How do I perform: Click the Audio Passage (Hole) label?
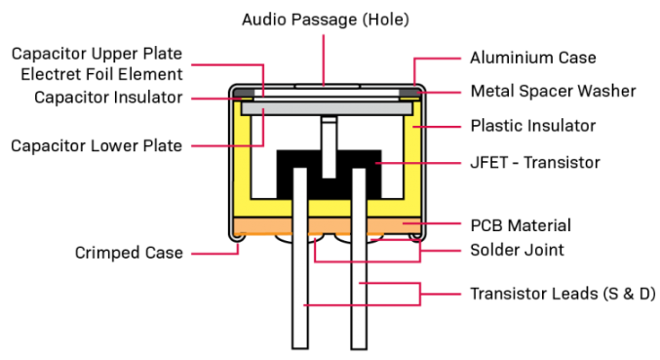pyautogui.click(x=326, y=20)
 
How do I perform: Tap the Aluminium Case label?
pyautogui.click(x=533, y=58)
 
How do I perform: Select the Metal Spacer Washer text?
pyautogui.click(x=553, y=91)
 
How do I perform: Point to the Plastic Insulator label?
pyautogui.click(x=533, y=126)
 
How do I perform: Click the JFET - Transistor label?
pyautogui.click(x=535, y=162)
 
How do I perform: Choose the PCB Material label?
pyautogui.click(x=521, y=225)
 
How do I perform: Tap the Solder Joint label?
pyautogui.click(x=517, y=250)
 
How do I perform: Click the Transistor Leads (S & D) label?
pyautogui.click(x=563, y=294)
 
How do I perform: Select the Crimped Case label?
pyautogui.click(x=129, y=253)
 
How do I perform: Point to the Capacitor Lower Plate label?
pyautogui.click(x=97, y=145)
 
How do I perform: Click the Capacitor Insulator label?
pyautogui.click(x=108, y=98)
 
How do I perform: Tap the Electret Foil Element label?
pyautogui.click(x=101, y=74)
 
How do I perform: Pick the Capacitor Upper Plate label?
pyautogui.click(x=97, y=54)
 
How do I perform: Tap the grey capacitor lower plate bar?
pyautogui.click(x=327, y=108)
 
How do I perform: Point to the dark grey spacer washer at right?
pyautogui.click(x=409, y=93)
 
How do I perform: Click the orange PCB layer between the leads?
pyautogui.click(x=330, y=225)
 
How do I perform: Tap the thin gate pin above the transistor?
pyautogui.click(x=330, y=147)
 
